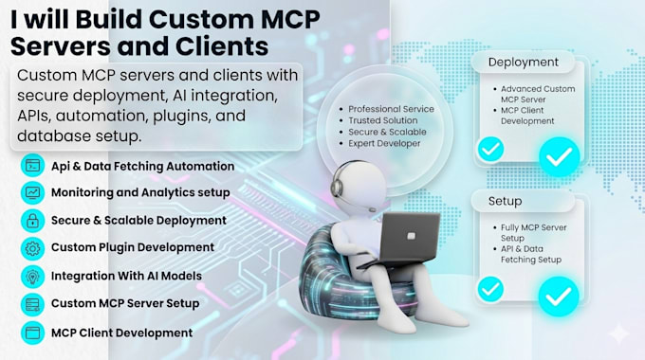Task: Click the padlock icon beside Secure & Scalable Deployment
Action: point(32,221)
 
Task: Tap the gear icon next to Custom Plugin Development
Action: point(32,248)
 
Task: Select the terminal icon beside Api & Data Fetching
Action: point(32,166)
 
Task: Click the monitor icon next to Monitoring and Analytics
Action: point(32,192)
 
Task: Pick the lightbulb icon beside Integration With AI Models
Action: point(32,277)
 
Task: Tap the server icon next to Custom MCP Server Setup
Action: point(32,304)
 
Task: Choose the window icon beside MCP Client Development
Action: point(32,333)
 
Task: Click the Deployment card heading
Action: point(524,63)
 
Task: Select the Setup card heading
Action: point(505,202)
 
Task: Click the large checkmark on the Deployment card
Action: point(560,156)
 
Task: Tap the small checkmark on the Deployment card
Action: point(490,149)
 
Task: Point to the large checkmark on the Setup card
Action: point(559,296)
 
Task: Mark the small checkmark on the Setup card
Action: point(490,289)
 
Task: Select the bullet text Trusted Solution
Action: point(382,120)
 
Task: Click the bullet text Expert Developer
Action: point(384,143)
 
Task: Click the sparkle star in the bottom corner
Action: point(618,333)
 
